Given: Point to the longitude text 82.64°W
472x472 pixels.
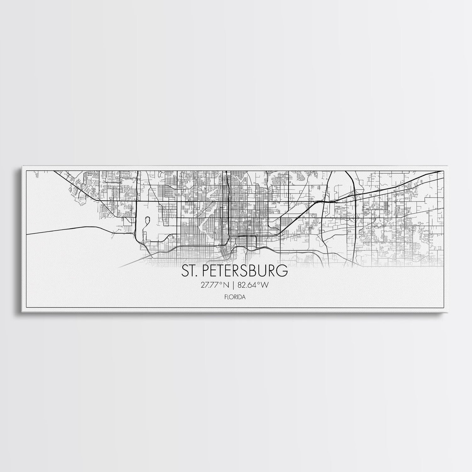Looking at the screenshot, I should tap(253, 285).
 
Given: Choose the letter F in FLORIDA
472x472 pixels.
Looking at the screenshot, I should tap(227, 296).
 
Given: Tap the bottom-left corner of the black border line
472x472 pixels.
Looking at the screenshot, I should tap(26, 309).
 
